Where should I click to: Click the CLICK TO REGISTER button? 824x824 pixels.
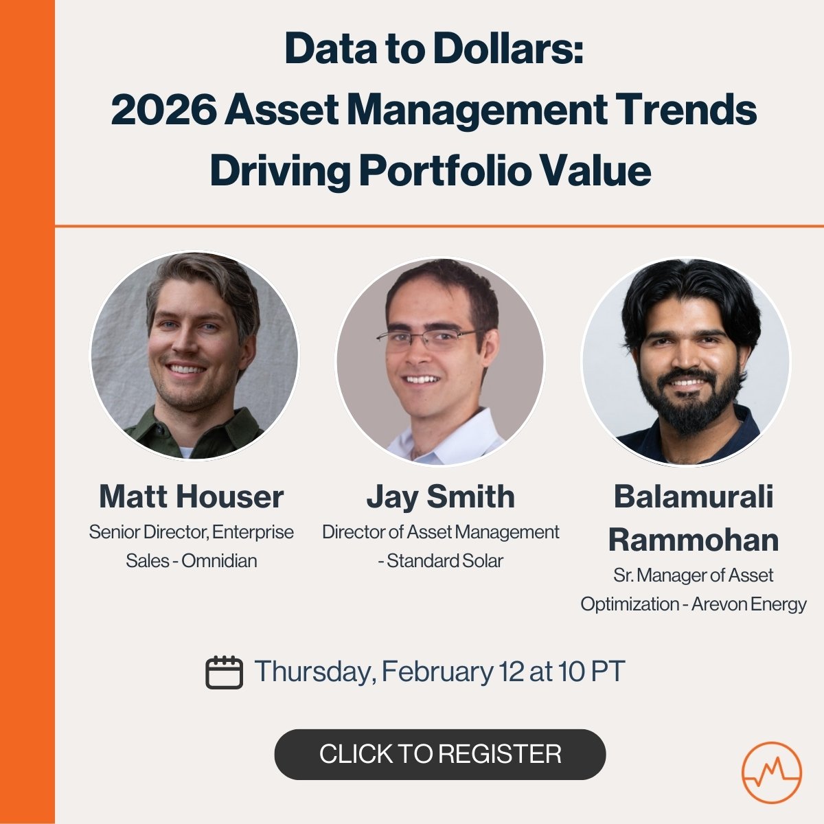click(x=440, y=754)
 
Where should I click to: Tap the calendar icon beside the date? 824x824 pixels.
click(x=224, y=672)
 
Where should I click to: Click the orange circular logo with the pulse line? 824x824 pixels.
click(x=772, y=772)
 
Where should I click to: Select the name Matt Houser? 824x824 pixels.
click(x=191, y=496)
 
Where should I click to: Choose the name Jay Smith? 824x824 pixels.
click(x=440, y=496)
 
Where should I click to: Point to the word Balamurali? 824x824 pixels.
click(x=694, y=496)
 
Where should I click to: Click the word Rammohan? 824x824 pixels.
click(x=694, y=540)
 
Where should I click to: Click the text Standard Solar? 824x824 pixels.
click(x=445, y=561)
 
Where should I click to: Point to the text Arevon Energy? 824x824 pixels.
click(x=749, y=604)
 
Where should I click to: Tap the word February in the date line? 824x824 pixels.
click(x=437, y=671)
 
